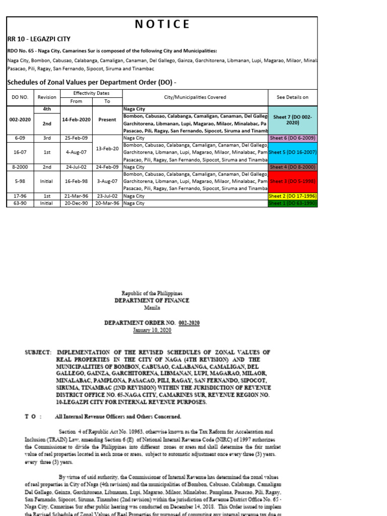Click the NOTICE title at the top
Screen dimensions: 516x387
pos(162,24)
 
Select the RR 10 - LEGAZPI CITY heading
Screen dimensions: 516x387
pos(39,39)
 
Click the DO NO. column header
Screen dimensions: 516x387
pos(20,97)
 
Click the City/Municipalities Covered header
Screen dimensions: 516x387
pos(195,97)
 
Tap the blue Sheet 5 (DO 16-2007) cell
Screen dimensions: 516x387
pos(293,152)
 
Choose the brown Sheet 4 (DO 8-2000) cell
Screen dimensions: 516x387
pos(293,167)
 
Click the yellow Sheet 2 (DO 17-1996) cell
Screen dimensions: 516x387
pos(293,196)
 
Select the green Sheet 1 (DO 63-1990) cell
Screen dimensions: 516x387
pos(293,203)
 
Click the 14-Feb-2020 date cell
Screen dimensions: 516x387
pos(77,120)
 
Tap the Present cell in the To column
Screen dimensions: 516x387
pos(107,120)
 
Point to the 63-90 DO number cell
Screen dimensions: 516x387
pos(20,203)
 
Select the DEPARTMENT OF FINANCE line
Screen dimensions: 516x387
pos(152,300)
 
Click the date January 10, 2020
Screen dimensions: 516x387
pos(152,330)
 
